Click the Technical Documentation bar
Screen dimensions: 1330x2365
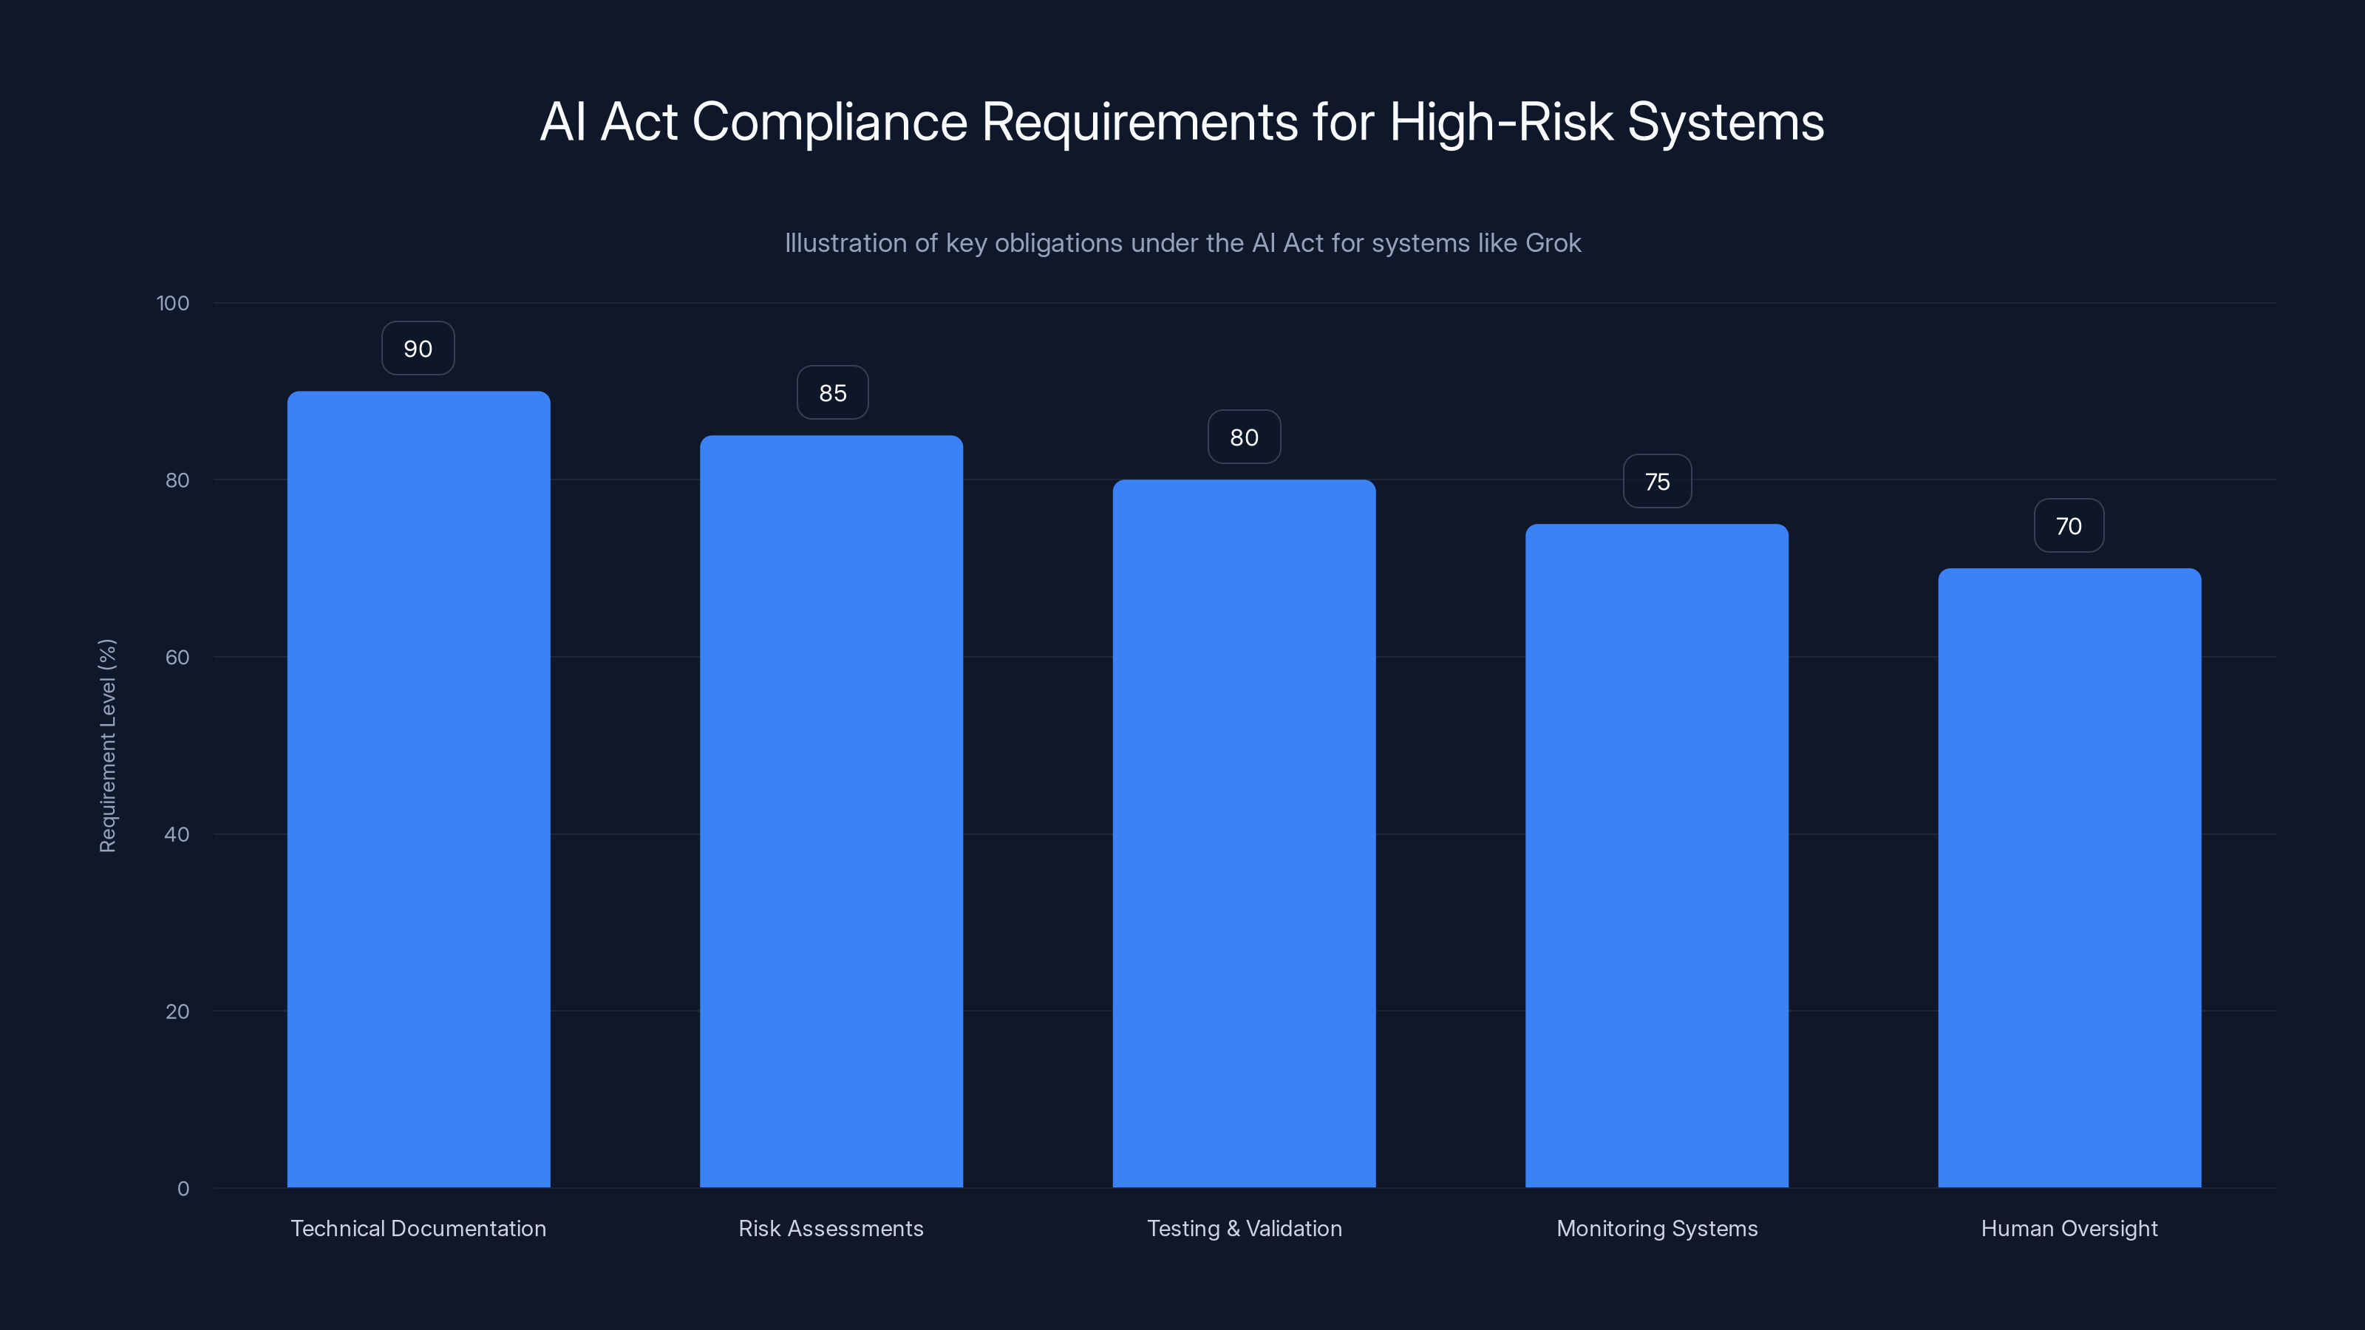point(418,789)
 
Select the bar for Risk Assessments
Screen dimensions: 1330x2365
point(831,811)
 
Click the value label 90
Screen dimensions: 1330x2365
point(418,349)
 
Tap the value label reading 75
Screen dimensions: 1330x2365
point(1657,482)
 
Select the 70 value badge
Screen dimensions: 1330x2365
point(2069,526)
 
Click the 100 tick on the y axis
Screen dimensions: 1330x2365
point(173,304)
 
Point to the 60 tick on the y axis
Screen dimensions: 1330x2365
point(177,657)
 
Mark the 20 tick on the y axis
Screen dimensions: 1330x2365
point(177,1012)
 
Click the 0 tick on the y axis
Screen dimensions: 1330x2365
point(183,1189)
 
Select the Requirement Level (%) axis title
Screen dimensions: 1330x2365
point(107,746)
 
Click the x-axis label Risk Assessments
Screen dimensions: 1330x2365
point(831,1228)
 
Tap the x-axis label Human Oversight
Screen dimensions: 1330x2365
point(2069,1228)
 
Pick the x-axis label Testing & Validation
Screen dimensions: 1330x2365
point(1244,1228)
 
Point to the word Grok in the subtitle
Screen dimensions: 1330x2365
point(1553,243)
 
